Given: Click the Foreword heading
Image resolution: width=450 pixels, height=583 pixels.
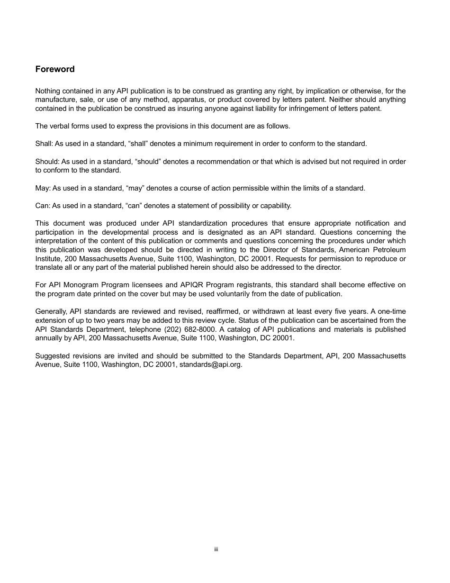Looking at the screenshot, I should (x=55, y=69).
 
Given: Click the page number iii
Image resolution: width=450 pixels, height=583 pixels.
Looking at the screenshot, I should (x=216, y=549).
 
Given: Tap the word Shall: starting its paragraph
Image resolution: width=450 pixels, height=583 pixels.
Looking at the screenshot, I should (x=44, y=144).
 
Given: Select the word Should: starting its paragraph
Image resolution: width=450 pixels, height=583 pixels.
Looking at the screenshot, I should (x=47, y=162).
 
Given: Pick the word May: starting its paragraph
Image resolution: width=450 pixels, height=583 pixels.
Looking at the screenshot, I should (x=43, y=188).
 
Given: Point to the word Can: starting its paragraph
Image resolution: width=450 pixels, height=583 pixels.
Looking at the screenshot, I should (x=43, y=206).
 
